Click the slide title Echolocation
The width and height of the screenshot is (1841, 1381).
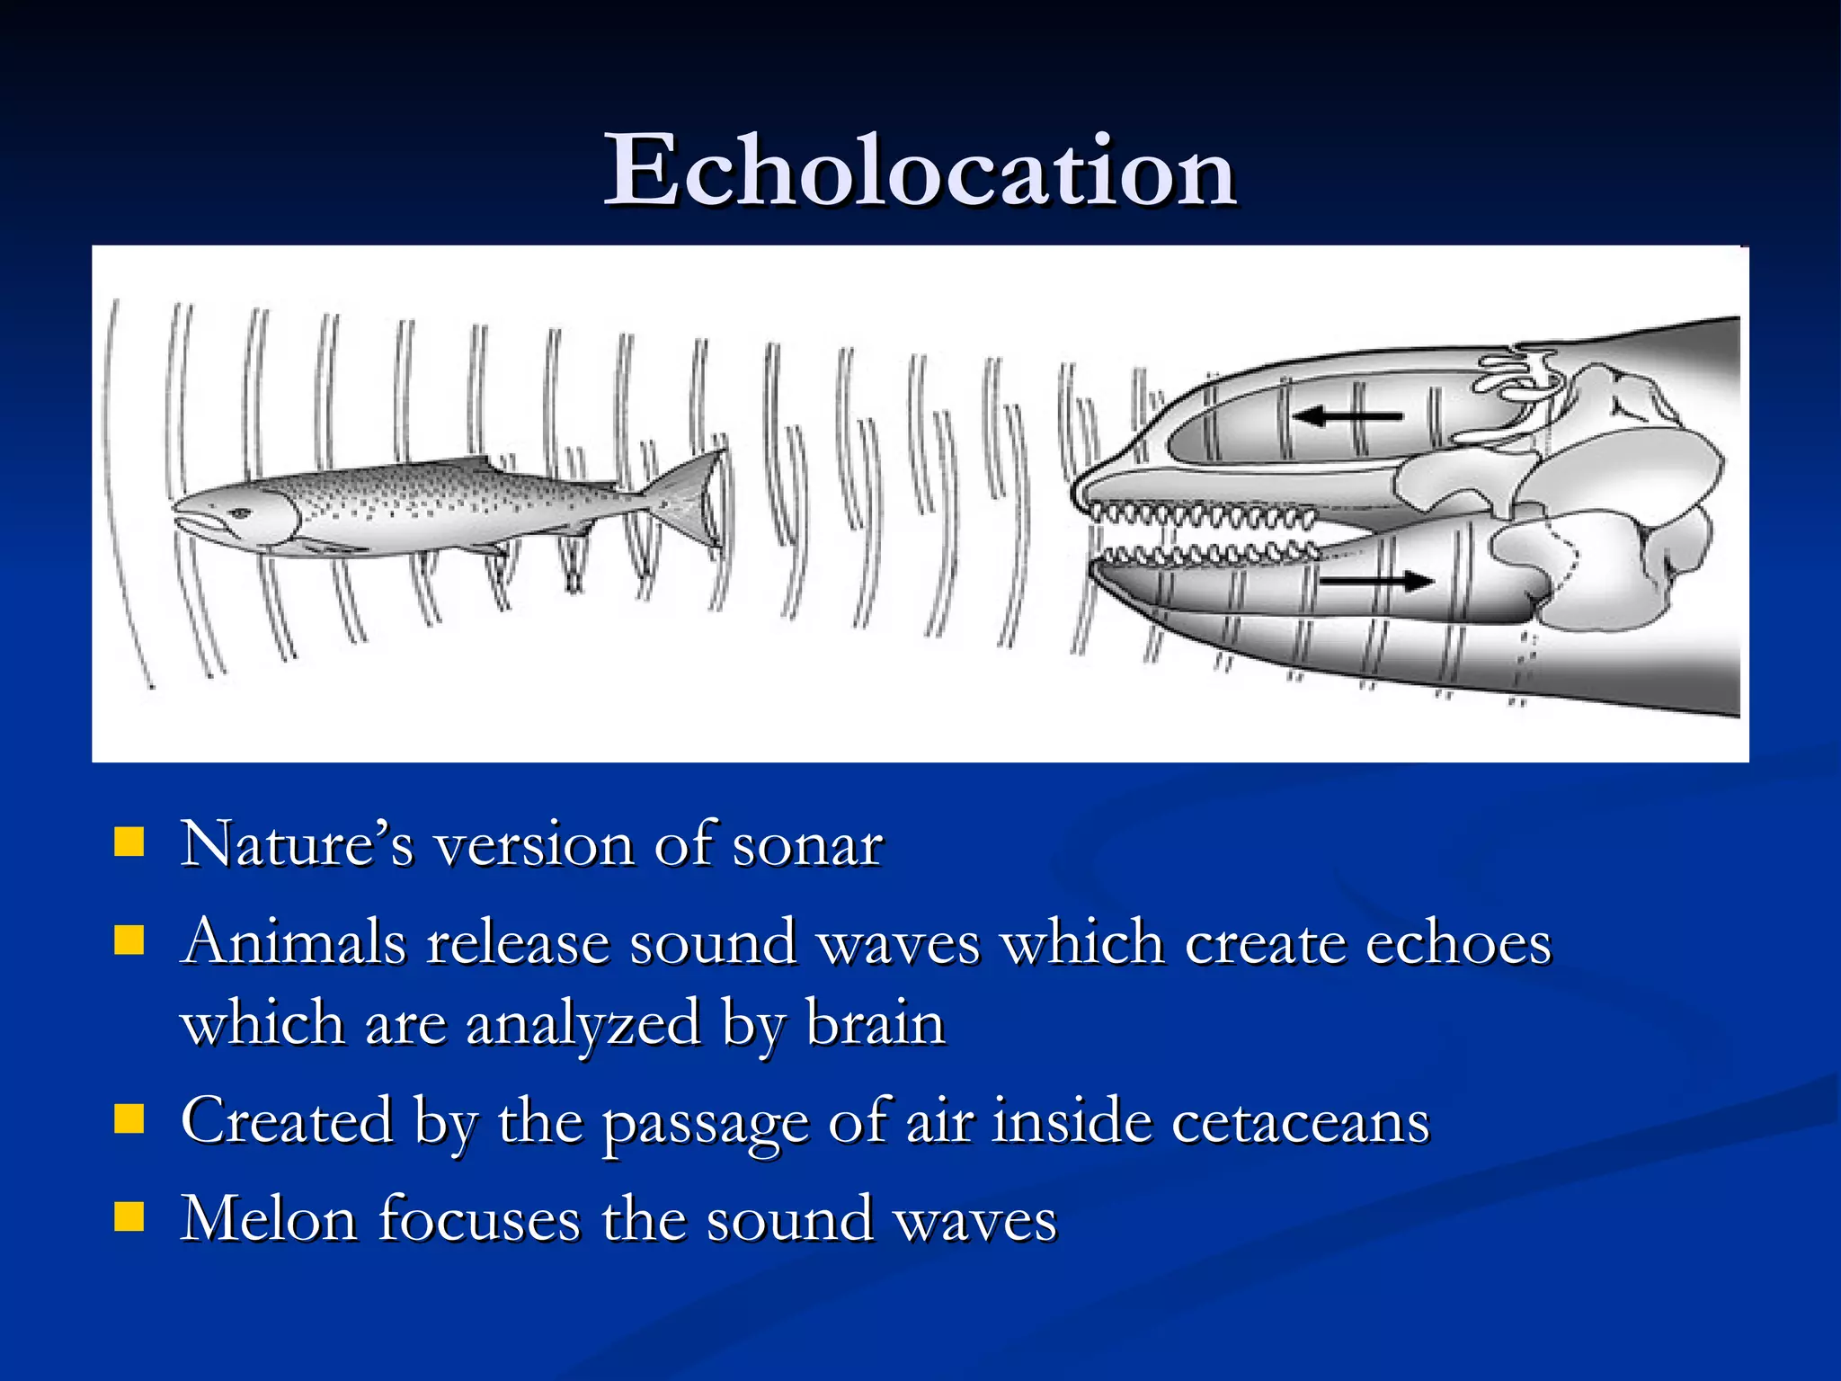pos(920,171)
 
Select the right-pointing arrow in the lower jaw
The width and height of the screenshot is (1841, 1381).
pos(1375,582)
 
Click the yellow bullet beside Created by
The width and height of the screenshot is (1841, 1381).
pos(129,1120)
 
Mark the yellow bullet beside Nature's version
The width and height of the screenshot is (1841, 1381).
pos(129,843)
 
